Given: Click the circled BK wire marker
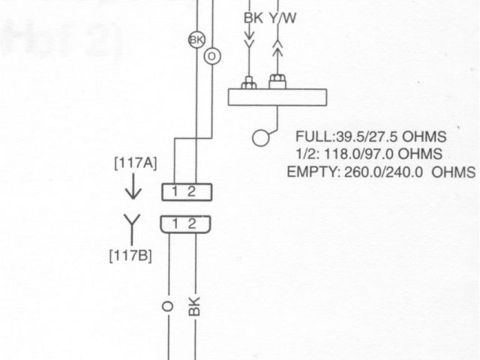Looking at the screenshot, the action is click(196, 39).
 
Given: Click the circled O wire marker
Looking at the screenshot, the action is click(211, 56).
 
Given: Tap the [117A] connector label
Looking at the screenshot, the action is click(135, 163).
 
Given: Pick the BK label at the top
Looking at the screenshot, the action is click(253, 17).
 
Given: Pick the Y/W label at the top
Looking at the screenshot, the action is click(281, 17).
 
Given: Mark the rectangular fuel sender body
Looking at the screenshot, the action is click(277, 97).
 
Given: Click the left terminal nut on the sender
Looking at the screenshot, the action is click(249, 82).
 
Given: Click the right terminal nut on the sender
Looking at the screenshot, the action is click(277, 79).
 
